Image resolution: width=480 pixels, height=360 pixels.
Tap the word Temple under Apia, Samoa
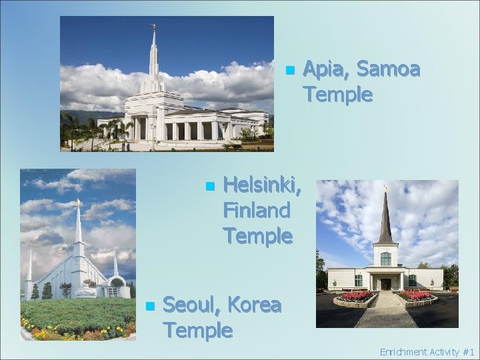(x=337, y=95)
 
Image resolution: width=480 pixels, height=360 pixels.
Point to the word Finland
(x=257, y=210)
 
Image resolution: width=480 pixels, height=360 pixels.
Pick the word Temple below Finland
(x=257, y=235)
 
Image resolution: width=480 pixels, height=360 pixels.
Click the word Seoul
(x=193, y=305)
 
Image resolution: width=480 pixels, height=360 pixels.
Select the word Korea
(x=254, y=305)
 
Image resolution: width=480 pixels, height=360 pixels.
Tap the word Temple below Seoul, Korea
(x=197, y=329)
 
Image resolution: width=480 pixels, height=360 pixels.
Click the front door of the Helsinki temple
(x=386, y=283)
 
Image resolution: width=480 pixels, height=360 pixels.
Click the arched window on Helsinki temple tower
(x=385, y=257)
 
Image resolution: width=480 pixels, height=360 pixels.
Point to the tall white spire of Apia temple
(x=153, y=57)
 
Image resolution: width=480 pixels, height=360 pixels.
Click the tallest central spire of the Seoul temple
(x=78, y=227)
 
